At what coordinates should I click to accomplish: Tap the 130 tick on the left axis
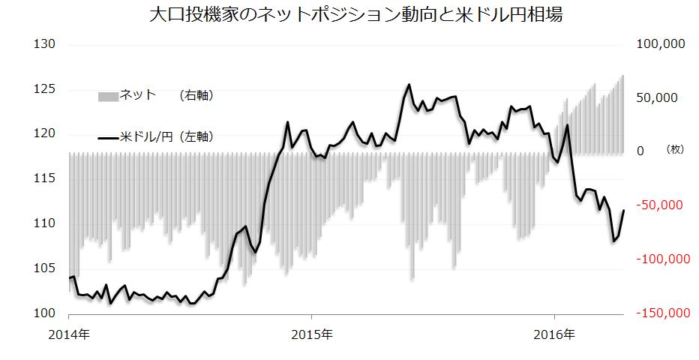point(46,44)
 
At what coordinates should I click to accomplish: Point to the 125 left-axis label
point(46,89)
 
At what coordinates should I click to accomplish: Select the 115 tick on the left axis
point(46,178)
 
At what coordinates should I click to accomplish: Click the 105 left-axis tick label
point(46,268)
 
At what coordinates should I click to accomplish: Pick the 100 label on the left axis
point(46,313)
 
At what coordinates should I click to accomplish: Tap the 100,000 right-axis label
point(660,44)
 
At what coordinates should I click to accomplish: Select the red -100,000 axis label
point(660,259)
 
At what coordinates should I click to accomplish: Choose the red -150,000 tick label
point(660,313)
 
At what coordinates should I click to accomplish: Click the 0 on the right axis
point(640,151)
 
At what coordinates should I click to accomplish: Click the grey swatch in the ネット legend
point(108,96)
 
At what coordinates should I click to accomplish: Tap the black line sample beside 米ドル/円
point(108,137)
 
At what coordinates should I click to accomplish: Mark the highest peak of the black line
point(409,85)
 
